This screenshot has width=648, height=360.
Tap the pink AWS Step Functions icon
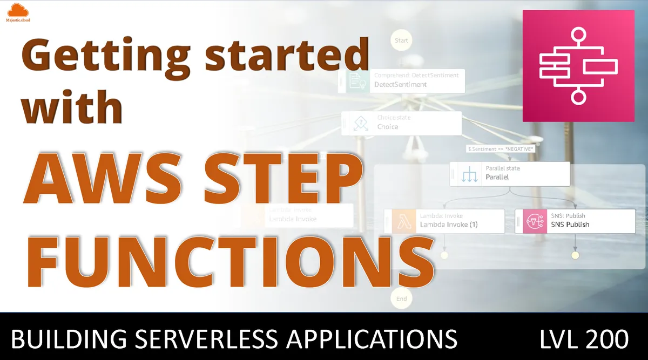pos(578,65)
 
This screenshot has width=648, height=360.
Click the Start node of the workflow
pos(401,40)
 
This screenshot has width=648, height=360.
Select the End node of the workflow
pos(401,298)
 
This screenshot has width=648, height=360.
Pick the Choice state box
pos(402,123)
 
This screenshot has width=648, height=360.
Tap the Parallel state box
pos(510,173)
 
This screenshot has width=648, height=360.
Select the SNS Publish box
pos(575,221)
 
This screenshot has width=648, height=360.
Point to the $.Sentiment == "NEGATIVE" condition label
pos(500,148)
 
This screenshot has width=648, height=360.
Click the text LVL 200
pos(584,340)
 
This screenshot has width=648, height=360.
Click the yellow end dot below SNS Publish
pos(575,255)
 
